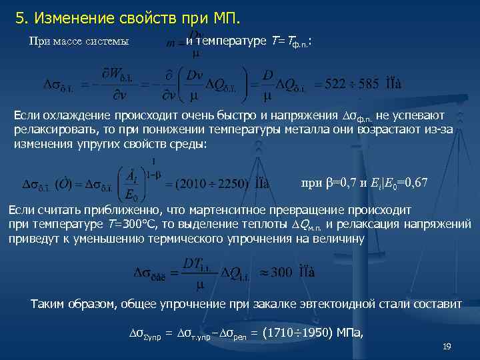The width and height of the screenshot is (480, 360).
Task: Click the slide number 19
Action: [x=447, y=346]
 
